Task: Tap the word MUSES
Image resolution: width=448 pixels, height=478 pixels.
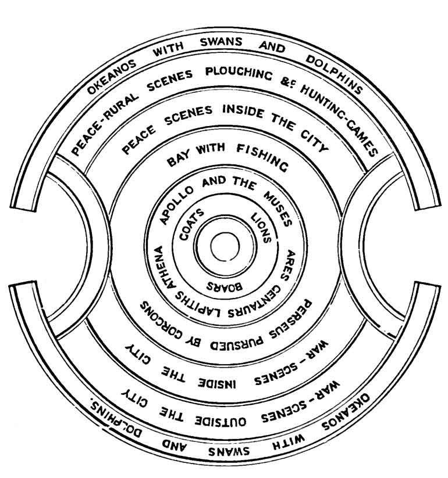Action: click(278, 210)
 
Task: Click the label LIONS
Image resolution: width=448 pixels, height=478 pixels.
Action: click(261, 228)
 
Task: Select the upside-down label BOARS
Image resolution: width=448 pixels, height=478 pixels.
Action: click(225, 286)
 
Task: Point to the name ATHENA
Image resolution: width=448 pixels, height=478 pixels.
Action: click(165, 267)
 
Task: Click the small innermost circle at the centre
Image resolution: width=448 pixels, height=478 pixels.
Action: click(225, 247)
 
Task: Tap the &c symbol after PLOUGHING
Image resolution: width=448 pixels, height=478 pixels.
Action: click(286, 84)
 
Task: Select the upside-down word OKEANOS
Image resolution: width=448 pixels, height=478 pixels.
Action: click(347, 412)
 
